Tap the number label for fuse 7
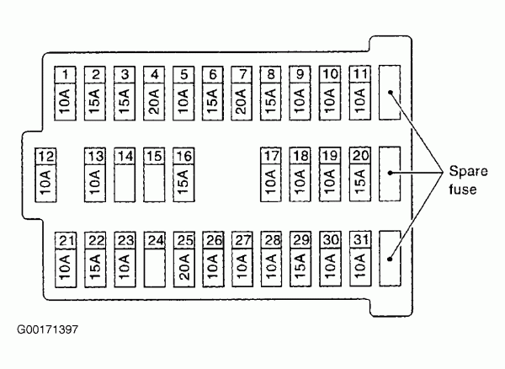coord(242,73)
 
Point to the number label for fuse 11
coord(360,73)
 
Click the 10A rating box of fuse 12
coord(45,181)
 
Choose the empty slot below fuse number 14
coord(125,183)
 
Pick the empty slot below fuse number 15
coord(153,183)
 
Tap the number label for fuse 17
coord(271,156)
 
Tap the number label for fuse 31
coord(360,240)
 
